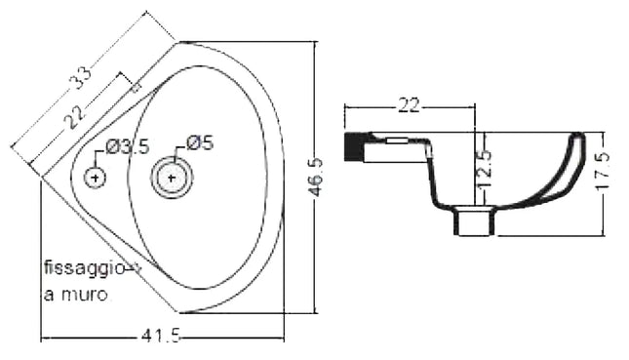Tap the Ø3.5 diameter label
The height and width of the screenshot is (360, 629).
click(x=127, y=146)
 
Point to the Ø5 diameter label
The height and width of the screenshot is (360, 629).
click(x=199, y=143)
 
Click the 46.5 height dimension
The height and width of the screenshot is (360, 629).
click(x=315, y=178)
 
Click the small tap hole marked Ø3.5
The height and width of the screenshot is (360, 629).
click(x=95, y=178)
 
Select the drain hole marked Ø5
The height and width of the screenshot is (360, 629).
click(x=172, y=178)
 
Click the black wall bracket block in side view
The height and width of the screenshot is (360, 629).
click(x=355, y=146)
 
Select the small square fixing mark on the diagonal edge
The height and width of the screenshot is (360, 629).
click(x=136, y=88)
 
